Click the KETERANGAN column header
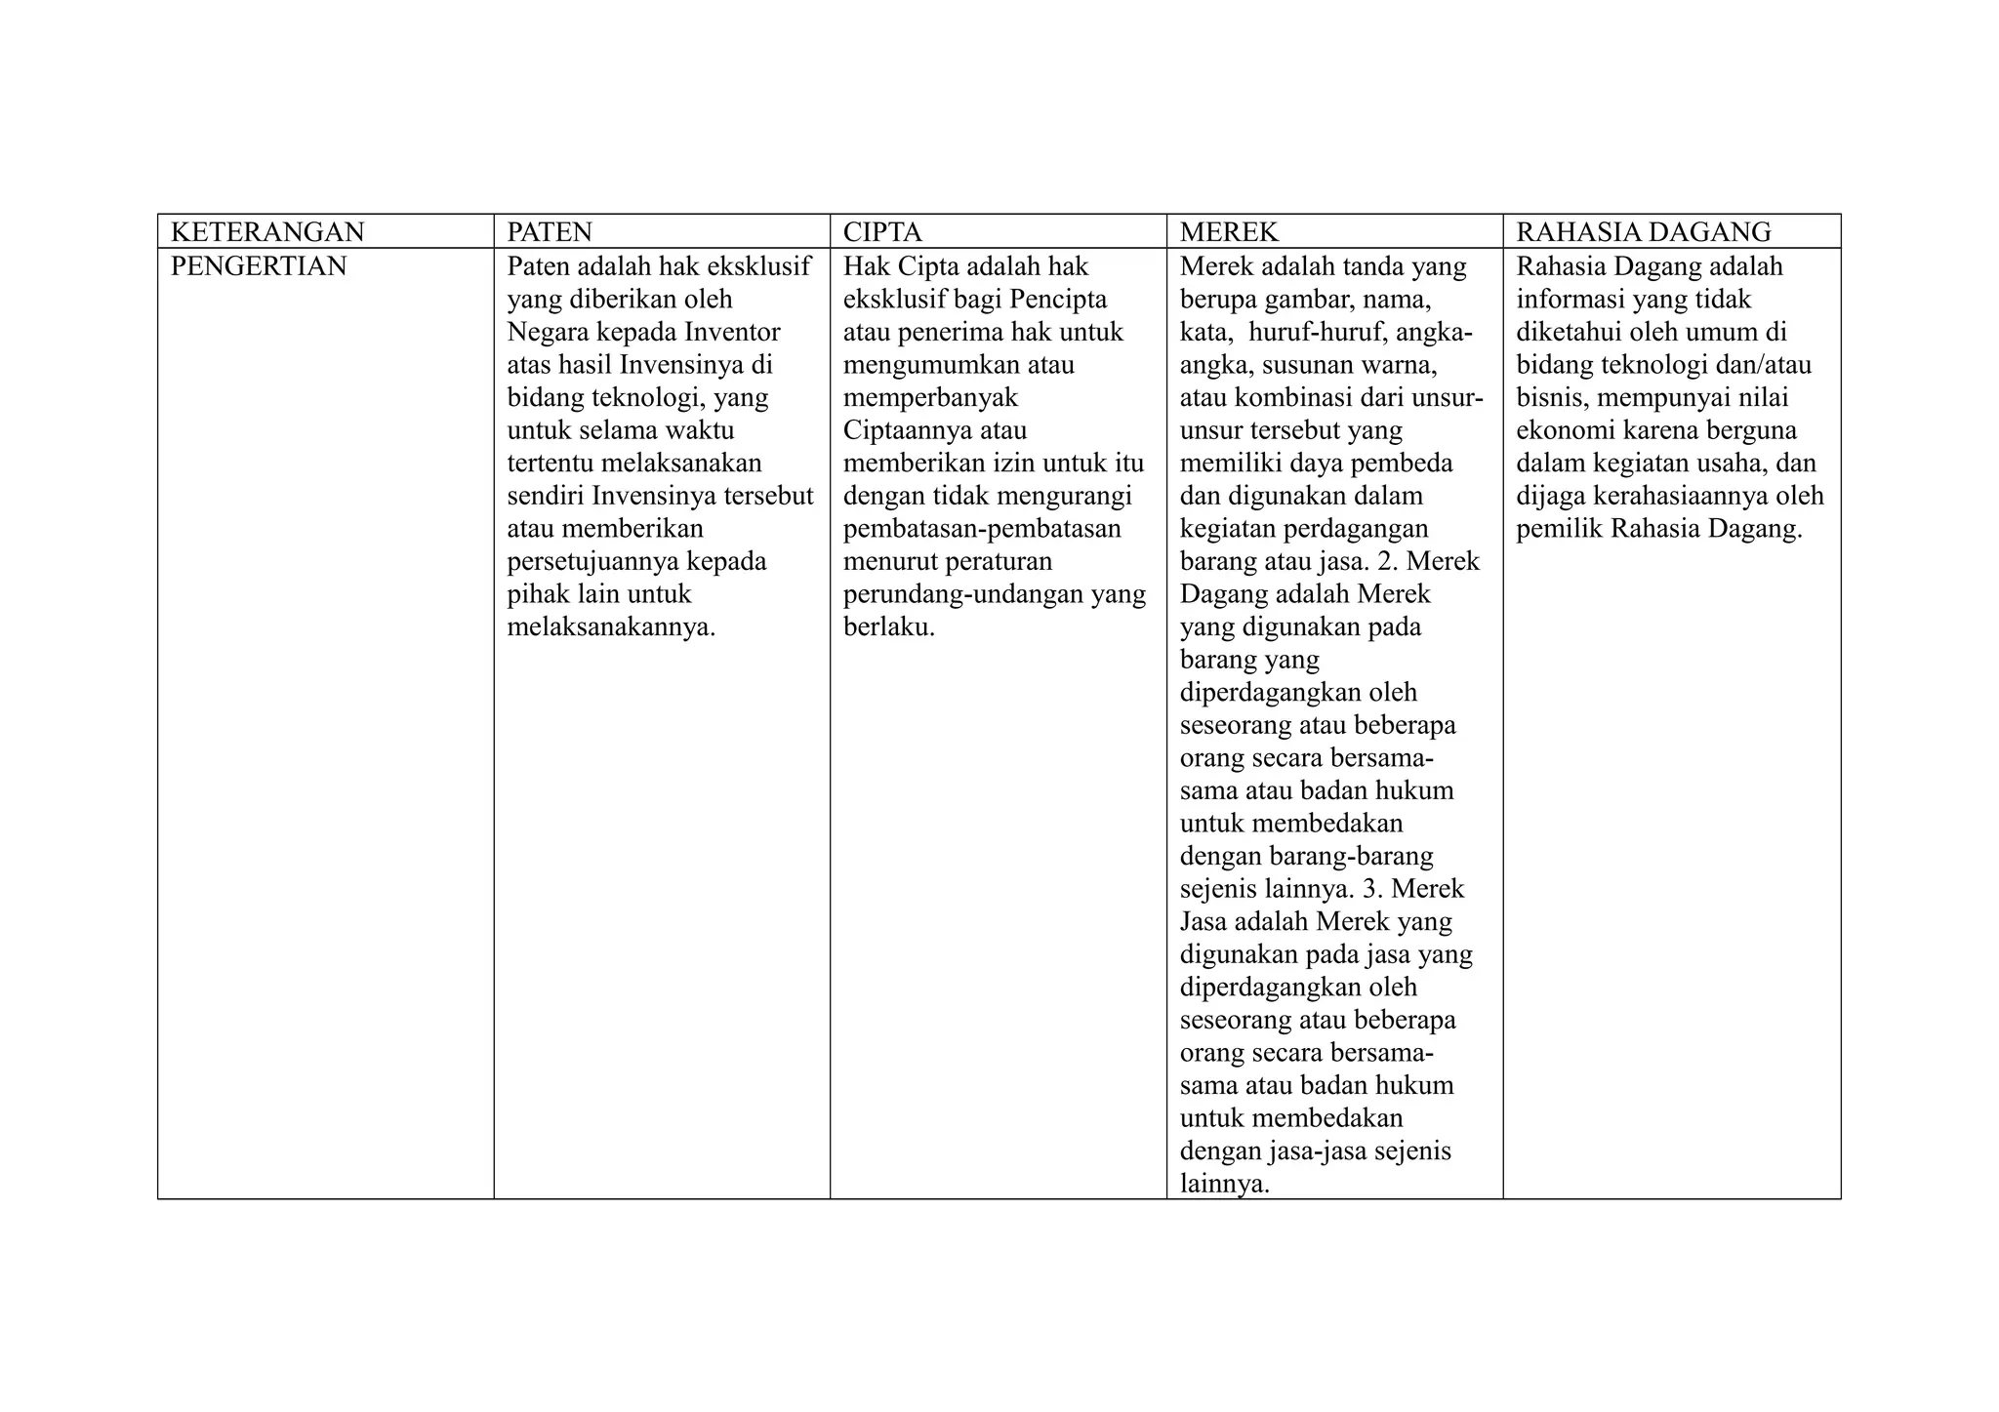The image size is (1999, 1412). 267,232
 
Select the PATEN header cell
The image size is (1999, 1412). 550,232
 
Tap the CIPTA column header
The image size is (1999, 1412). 882,232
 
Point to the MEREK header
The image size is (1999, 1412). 1229,232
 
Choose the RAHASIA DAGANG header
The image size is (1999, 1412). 1643,232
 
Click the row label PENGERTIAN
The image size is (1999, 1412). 259,266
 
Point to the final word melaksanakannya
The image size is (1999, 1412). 611,626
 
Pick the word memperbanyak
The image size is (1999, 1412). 930,397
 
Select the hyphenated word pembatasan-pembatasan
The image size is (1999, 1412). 982,528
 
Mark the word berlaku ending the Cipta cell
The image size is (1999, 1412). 888,626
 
